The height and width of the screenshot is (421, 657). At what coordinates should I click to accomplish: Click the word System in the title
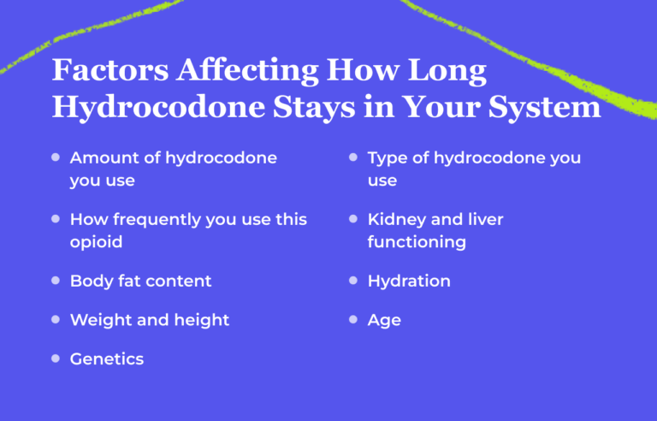tap(545, 107)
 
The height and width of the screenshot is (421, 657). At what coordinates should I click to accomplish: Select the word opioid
tap(96, 242)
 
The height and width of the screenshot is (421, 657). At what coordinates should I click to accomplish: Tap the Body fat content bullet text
tap(140, 281)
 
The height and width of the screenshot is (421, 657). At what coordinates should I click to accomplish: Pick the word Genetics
tap(107, 359)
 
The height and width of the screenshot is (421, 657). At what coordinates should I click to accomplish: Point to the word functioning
tap(417, 242)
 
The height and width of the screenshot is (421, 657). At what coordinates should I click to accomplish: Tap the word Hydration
tap(409, 281)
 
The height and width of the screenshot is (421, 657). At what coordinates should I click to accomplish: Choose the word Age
tap(384, 320)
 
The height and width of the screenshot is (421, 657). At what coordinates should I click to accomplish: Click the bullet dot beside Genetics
tap(56, 358)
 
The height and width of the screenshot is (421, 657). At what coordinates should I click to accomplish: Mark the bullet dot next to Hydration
tap(352, 280)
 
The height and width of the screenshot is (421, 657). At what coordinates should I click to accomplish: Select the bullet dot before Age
tap(352, 319)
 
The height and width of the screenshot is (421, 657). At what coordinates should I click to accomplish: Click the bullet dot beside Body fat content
tap(56, 280)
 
